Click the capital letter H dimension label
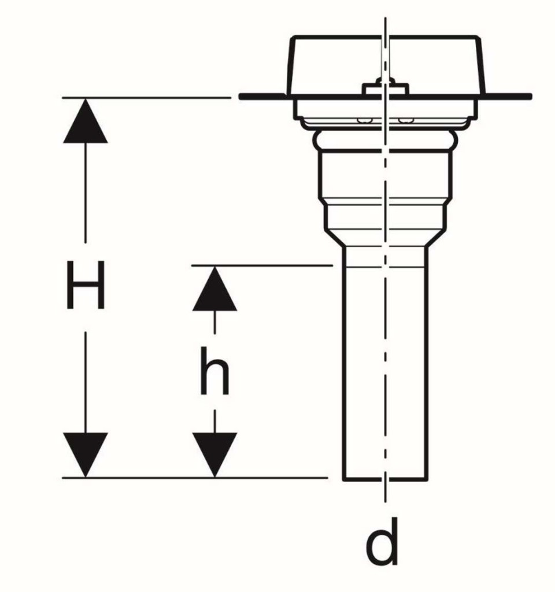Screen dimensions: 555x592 (86, 285)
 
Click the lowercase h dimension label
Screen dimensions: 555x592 (214, 371)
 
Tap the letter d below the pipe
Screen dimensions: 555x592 (382, 542)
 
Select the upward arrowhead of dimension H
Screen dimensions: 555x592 (86, 121)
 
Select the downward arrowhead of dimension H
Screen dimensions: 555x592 (86, 455)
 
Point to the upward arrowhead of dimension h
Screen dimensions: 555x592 (214, 288)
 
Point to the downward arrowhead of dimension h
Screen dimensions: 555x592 (214, 455)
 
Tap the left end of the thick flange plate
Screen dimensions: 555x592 (240, 97)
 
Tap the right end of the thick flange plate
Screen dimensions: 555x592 (530, 97)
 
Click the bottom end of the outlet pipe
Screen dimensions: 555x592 (385, 480)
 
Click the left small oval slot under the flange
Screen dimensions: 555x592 (365, 120)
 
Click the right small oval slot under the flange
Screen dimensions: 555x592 (405, 120)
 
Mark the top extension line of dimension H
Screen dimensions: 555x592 (146, 97)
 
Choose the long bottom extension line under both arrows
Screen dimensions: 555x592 (195, 478)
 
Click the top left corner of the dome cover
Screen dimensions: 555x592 (294, 37)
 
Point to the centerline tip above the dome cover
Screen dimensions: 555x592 (385, 17)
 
